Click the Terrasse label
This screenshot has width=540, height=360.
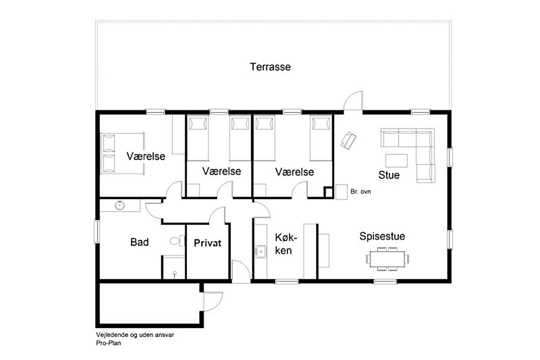[x=270, y=67]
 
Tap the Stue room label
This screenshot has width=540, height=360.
[x=389, y=175]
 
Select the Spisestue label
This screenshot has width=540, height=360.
[x=382, y=236]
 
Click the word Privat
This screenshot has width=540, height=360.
[x=208, y=243]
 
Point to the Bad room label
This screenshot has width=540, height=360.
[x=139, y=242]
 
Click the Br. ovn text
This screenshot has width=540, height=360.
[x=361, y=192]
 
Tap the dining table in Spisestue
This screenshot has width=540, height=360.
[x=387, y=259]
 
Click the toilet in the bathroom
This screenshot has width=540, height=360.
[x=177, y=241]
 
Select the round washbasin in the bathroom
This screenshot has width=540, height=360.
[x=120, y=205]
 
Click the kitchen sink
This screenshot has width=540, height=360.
[x=261, y=252]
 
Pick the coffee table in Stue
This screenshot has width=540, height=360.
[x=397, y=161]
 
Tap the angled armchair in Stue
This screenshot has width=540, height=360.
[x=348, y=140]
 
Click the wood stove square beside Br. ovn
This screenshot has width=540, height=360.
[x=341, y=192]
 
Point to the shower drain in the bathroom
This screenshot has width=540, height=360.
[x=175, y=273]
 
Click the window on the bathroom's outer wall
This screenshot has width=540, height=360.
[x=97, y=231]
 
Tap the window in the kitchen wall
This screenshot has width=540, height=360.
[x=287, y=281]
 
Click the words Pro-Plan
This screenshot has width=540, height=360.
[x=108, y=343]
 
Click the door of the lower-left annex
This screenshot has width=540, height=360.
[x=213, y=301]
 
